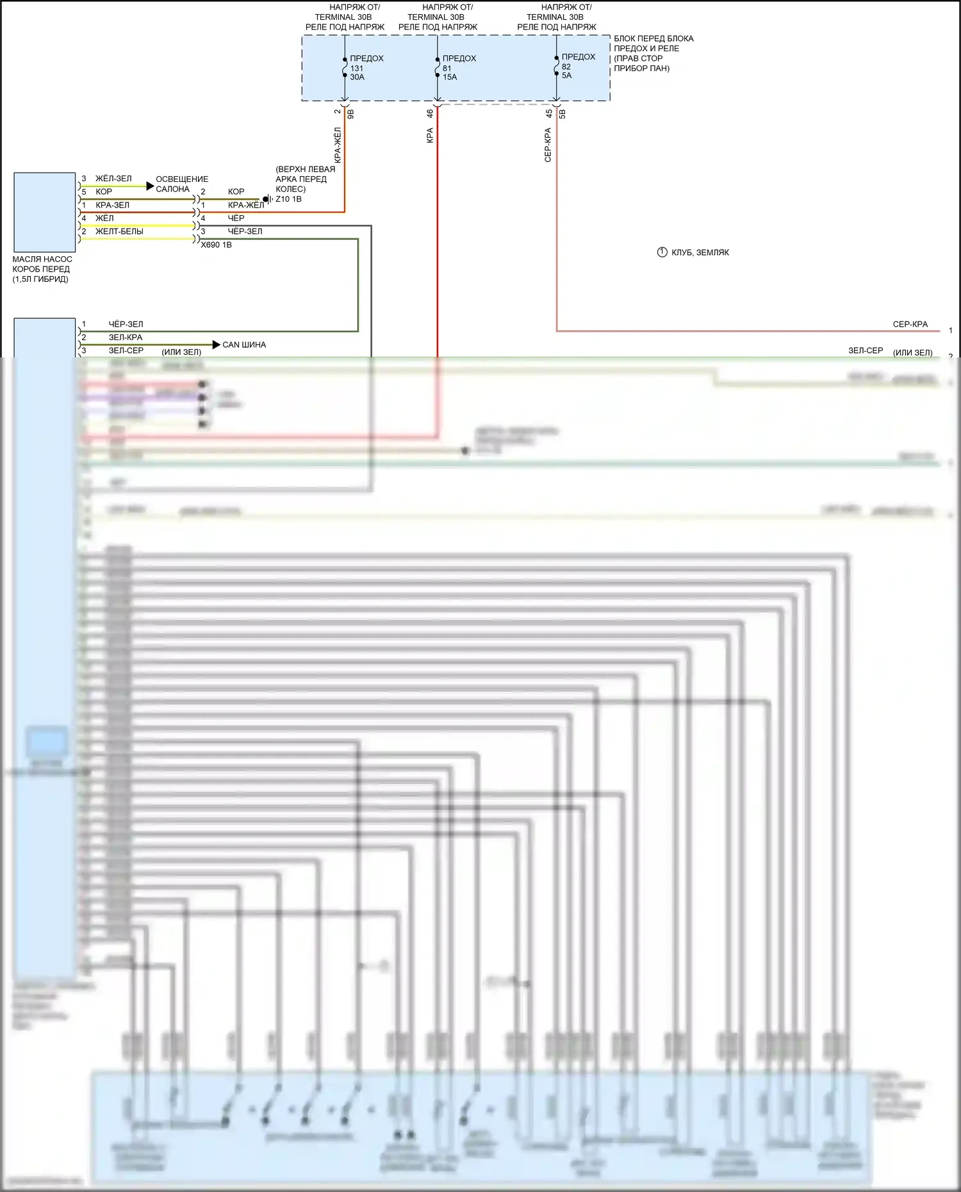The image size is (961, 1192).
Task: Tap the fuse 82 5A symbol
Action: (557, 66)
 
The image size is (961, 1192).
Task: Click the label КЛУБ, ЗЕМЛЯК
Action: (700, 252)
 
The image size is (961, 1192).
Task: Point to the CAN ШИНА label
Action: (244, 345)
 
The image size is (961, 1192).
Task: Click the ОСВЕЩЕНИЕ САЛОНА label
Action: (181, 184)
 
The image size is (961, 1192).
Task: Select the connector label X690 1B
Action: (216, 245)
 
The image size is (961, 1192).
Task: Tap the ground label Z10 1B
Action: (288, 199)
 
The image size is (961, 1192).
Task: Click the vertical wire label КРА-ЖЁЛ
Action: (338, 143)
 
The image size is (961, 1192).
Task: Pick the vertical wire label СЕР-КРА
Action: (548, 144)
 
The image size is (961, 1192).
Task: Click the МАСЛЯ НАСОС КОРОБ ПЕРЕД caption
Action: (42, 269)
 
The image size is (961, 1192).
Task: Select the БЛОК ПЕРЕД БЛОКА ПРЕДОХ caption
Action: (653, 53)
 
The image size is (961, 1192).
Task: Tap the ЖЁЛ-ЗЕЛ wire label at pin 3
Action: (113, 179)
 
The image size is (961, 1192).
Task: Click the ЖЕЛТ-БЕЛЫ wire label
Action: (119, 231)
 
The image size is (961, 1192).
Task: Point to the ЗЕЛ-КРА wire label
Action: (126, 338)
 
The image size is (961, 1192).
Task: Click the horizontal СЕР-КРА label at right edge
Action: (910, 324)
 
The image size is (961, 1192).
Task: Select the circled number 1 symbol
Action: (662, 252)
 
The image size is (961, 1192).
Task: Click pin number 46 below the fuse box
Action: (430, 113)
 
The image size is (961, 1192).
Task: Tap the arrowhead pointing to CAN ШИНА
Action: (216, 345)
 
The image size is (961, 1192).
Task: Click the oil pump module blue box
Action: (45, 212)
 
